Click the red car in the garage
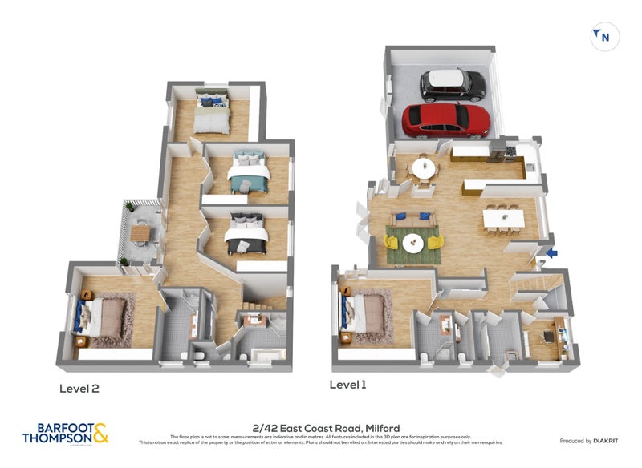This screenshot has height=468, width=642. tap(445, 120)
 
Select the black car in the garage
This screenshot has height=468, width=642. tap(453, 83)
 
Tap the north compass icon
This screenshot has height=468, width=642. tap(604, 37)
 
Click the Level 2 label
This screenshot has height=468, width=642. tap(79, 389)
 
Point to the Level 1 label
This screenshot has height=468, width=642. tap(347, 385)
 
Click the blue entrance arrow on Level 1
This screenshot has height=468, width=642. tap(551, 254)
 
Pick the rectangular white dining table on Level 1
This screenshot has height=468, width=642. tap(503, 218)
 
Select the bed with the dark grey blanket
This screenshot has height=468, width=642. tap(246, 235)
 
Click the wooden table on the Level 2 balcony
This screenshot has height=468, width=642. tap(141, 233)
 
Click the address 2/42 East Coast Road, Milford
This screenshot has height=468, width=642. tap(325, 429)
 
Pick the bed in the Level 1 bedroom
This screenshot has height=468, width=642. tap(365, 313)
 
